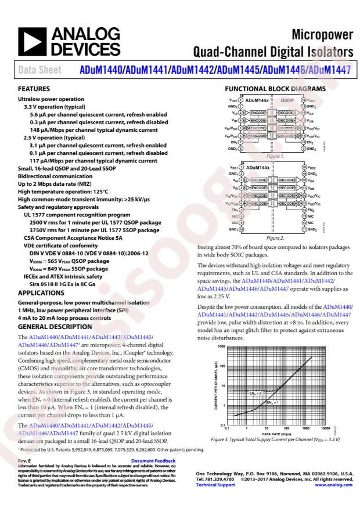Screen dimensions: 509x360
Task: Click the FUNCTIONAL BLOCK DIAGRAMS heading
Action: pos(272,89)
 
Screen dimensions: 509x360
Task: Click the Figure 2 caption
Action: pos(274,237)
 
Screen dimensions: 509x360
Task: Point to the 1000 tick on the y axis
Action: pos(221,346)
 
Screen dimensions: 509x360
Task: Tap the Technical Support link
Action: pos(217,484)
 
